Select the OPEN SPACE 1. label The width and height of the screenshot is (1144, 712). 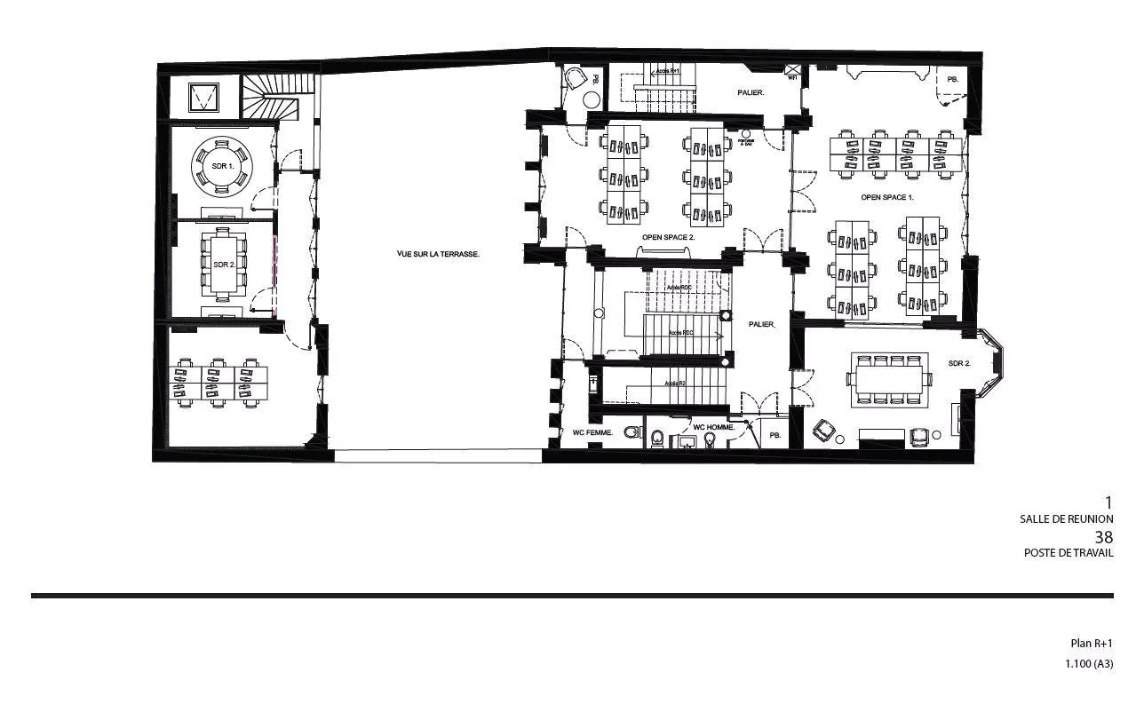point(886,197)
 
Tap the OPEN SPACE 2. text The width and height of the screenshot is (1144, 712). point(668,238)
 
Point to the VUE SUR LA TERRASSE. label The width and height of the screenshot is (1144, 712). point(438,254)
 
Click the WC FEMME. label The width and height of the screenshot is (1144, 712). point(592,433)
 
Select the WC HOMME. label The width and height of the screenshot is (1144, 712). point(713,427)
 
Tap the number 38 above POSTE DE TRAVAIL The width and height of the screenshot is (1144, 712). point(1103,537)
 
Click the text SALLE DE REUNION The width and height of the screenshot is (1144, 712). point(1066,519)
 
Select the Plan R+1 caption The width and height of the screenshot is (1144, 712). point(1091,644)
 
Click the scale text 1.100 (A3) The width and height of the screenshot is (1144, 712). point(1089,664)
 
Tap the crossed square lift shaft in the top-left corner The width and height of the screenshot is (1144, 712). point(205,96)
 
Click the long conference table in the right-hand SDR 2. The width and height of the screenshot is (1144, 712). point(891,379)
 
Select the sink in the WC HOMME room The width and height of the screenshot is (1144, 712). point(687,441)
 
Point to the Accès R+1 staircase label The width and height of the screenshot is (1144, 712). point(667,70)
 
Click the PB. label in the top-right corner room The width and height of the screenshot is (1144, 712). point(952,80)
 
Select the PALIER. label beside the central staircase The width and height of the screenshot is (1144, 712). point(761,324)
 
